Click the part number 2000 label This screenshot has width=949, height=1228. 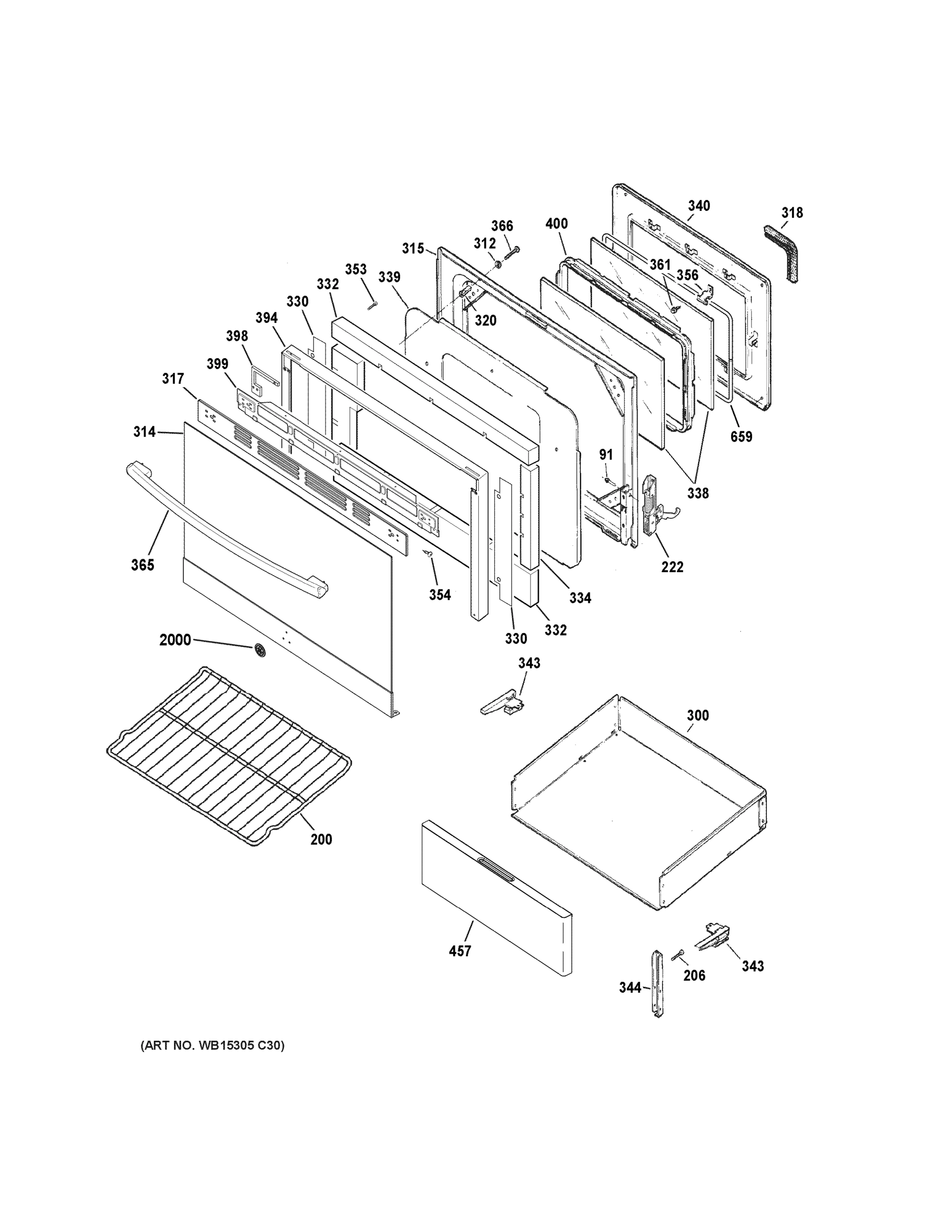(175, 640)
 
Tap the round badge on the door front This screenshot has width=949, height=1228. (260, 650)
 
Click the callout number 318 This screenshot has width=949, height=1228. (791, 212)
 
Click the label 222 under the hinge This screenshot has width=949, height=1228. (672, 567)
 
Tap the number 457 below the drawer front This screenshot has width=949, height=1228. (459, 951)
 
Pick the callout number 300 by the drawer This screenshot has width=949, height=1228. (698, 715)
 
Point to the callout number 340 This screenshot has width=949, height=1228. (699, 206)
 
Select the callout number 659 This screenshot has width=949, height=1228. (741, 436)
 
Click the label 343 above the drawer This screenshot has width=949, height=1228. (529, 663)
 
